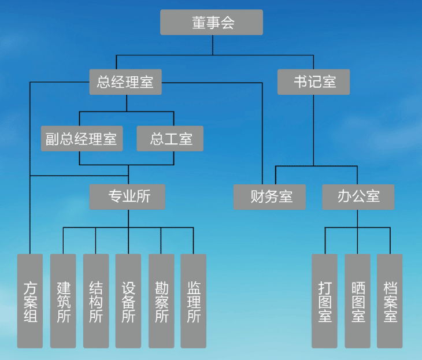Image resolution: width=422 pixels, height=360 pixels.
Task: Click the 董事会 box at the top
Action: [x=211, y=23]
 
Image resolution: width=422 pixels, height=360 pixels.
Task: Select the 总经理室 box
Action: [x=125, y=81]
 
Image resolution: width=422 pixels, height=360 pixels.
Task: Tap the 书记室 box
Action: [x=314, y=81]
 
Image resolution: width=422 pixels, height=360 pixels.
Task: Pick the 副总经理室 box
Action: [x=82, y=139]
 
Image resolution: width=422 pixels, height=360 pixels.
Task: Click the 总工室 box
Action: [x=171, y=139]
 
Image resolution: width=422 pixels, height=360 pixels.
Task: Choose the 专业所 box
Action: [x=128, y=196]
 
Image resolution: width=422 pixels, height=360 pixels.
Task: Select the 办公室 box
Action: [x=358, y=196]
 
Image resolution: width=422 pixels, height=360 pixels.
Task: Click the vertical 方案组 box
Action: [x=30, y=300]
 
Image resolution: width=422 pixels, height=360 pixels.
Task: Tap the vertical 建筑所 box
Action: [x=63, y=300]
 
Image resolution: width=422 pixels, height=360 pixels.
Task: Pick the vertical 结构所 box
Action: [x=96, y=300]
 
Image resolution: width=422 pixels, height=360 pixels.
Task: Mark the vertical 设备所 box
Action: [x=128, y=300]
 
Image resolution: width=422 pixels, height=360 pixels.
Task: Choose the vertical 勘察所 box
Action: [x=161, y=300]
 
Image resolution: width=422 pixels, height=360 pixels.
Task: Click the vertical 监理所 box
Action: [x=194, y=300]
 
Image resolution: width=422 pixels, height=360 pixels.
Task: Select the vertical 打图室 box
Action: [x=324, y=300]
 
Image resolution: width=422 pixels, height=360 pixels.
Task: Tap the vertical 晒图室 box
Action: [x=357, y=300]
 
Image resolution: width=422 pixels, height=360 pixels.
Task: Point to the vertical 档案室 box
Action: [x=390, y=300]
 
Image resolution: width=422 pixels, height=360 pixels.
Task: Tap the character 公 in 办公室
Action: [x=358, y=196]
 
